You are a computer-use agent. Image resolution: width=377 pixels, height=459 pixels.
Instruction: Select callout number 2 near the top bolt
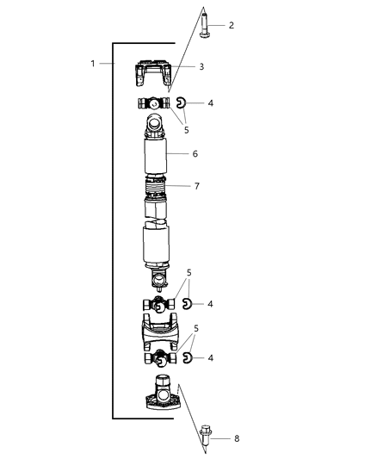coord(230,26)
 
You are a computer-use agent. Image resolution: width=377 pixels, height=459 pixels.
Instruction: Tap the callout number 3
coord(201,66)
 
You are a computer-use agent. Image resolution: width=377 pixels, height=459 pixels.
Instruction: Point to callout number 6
coord(195,154)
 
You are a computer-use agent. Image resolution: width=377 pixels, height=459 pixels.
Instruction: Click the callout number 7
coord(197,185)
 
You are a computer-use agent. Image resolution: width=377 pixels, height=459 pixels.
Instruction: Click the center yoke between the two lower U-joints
coord(157,330)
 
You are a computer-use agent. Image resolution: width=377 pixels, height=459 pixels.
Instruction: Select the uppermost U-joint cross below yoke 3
coord(156,104)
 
